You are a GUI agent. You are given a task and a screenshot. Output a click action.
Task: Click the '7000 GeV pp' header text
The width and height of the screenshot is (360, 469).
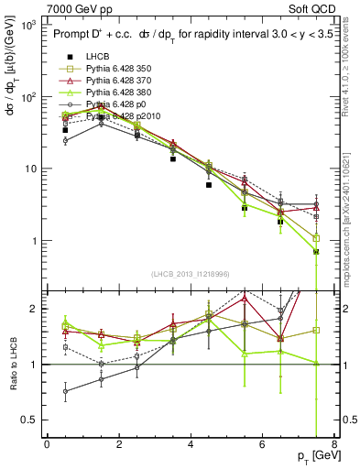coord(74,7)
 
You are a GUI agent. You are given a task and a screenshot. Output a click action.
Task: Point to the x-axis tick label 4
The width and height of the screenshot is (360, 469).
coord(190,444)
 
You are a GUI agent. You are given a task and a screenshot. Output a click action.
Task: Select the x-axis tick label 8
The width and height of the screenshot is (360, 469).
coord(333,444)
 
